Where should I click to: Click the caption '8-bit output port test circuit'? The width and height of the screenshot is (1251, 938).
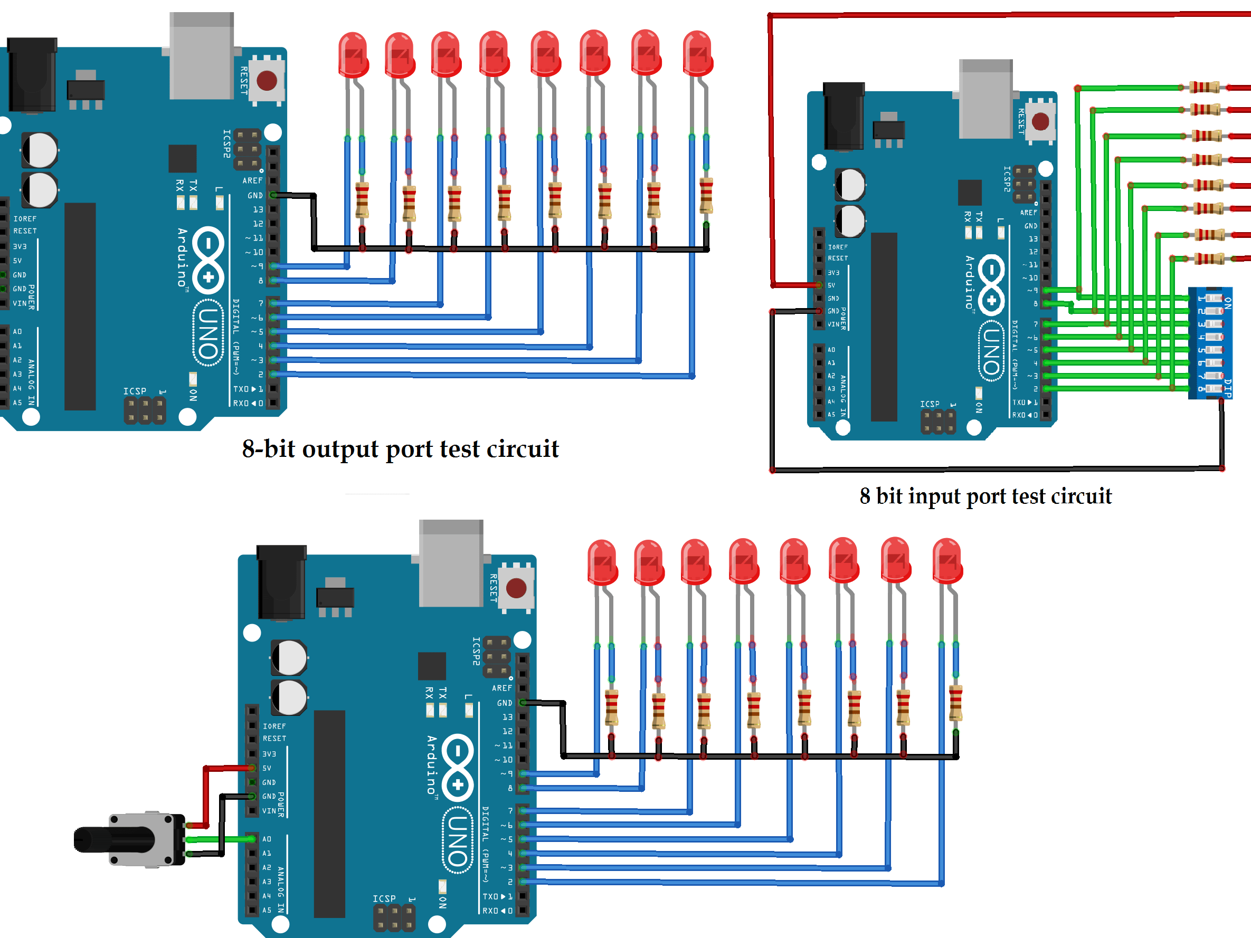(400, 449)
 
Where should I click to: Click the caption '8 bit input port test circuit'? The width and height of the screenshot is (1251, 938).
(985, 496)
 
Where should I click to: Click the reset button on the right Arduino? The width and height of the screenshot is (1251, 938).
(1040, 121)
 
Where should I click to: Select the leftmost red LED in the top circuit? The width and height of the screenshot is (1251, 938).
(354, 55)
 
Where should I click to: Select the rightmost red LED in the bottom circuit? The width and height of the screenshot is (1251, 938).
(947, 561)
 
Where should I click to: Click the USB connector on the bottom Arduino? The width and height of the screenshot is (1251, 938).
(451, 562)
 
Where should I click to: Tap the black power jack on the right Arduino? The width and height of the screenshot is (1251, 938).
(844, 116)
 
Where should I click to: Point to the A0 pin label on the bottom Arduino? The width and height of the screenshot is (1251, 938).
(267, 839)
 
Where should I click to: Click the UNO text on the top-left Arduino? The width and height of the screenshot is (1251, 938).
(208, 333)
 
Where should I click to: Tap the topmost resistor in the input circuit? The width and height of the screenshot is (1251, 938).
(1205, 87)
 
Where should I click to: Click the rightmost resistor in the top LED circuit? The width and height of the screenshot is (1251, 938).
(706, 196)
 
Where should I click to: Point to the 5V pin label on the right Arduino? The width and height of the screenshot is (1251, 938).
(831, 285)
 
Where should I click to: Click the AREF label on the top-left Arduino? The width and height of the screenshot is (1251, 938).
(252, 181)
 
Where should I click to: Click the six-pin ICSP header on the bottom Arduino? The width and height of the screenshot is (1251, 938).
(394, 918)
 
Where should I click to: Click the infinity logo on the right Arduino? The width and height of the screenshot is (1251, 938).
(991, 284)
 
